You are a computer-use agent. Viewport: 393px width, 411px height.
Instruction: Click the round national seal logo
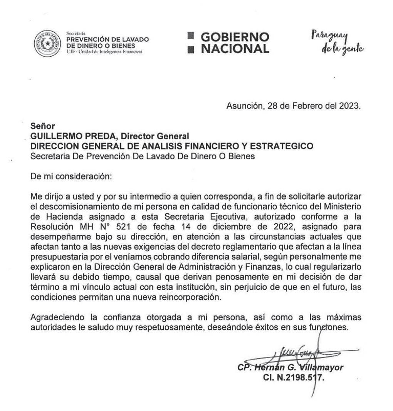point(47,43)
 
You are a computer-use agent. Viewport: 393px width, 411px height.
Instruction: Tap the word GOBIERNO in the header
point(235,37)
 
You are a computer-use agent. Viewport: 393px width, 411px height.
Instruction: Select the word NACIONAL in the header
point(235,49)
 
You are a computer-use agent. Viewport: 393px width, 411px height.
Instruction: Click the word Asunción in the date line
point(244,106)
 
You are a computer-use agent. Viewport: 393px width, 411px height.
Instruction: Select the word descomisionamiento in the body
point(72,206)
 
